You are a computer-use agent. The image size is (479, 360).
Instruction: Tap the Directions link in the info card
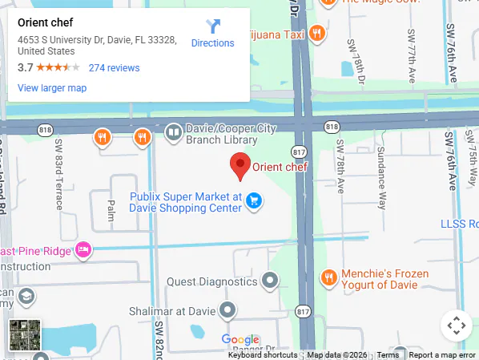[212, 42]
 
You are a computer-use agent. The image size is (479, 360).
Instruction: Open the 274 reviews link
[114, 68]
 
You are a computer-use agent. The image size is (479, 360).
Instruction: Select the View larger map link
[52, 88]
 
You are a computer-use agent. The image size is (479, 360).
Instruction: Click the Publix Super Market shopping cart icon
[254, 200]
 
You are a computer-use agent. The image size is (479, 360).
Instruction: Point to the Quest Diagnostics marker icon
[271, 281]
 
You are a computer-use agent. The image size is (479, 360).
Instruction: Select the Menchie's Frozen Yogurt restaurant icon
[328, 278]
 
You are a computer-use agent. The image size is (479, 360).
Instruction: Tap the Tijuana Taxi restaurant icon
[318, 34]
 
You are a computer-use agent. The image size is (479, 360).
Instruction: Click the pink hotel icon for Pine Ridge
[83, 251]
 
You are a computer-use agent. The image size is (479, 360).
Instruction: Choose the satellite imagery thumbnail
[25, 335]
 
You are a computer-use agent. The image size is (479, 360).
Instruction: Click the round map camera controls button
[456, 326]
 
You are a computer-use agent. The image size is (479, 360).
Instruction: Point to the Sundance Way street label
[382, 177]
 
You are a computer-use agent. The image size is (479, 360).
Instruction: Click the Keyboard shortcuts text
[263, 355]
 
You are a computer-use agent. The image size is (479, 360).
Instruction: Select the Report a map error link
[443, 355]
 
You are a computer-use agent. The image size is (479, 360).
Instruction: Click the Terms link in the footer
[388, 355]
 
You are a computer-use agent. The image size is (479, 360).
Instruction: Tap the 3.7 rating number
[25, 68]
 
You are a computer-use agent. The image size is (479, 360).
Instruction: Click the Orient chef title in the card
[45, 22]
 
